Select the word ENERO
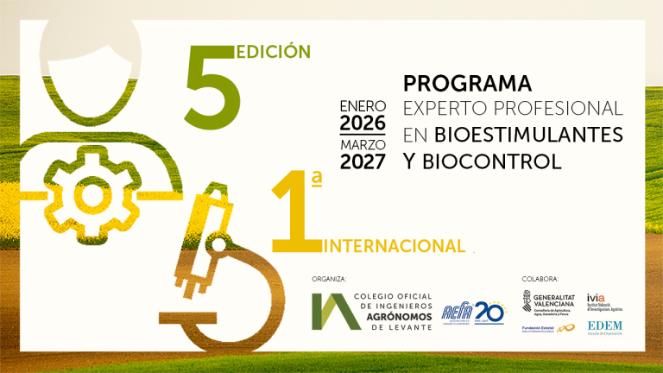tap(363, 105)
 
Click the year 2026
tap(363, 122)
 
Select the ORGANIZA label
tap(331, 280)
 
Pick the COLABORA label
tap(540, 280)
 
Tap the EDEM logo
tap(604, 327)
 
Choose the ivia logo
tap(603, 302)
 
